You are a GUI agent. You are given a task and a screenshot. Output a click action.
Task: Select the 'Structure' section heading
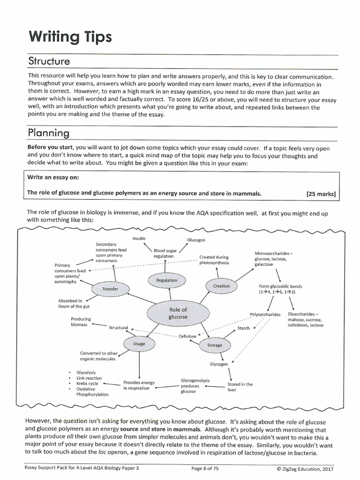49,61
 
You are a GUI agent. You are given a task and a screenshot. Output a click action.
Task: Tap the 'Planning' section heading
49,134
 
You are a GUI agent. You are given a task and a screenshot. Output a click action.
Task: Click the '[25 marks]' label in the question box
321,193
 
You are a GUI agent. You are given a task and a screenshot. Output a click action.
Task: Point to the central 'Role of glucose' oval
178,313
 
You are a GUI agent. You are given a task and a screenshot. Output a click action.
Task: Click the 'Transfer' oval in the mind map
110,289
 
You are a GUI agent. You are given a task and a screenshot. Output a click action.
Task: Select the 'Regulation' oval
166,280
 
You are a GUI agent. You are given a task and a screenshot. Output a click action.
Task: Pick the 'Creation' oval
221,286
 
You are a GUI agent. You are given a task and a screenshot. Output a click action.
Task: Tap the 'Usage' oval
139,344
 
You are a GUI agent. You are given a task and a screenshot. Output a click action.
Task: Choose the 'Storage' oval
214,345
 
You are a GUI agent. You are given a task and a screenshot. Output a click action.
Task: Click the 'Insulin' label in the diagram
139,239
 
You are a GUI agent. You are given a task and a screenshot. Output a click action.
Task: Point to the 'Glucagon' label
196,240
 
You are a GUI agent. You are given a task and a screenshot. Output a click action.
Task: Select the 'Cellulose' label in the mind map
187,336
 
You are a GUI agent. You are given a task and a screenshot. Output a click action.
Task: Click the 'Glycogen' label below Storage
218,364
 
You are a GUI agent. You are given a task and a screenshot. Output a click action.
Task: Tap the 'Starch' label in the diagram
243,328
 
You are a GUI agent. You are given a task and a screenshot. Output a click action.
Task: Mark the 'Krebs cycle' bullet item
87,383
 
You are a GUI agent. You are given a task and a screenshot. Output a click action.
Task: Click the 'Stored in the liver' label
240,387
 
